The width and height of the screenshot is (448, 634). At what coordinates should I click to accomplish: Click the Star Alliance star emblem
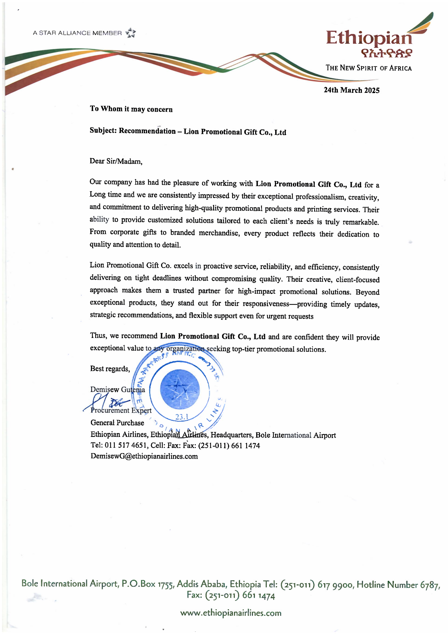tap(131, 33)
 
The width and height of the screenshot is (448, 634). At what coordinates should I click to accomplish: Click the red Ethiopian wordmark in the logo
tap(369, 38)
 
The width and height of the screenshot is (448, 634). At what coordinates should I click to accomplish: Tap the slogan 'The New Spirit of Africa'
tap(369, 68)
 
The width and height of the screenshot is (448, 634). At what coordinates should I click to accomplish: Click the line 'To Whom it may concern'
tap(131, 109)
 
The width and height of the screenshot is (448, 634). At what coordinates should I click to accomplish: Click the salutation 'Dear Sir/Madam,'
tap(116, 161)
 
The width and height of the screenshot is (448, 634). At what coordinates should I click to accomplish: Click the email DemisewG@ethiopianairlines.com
tap(144, 456)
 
